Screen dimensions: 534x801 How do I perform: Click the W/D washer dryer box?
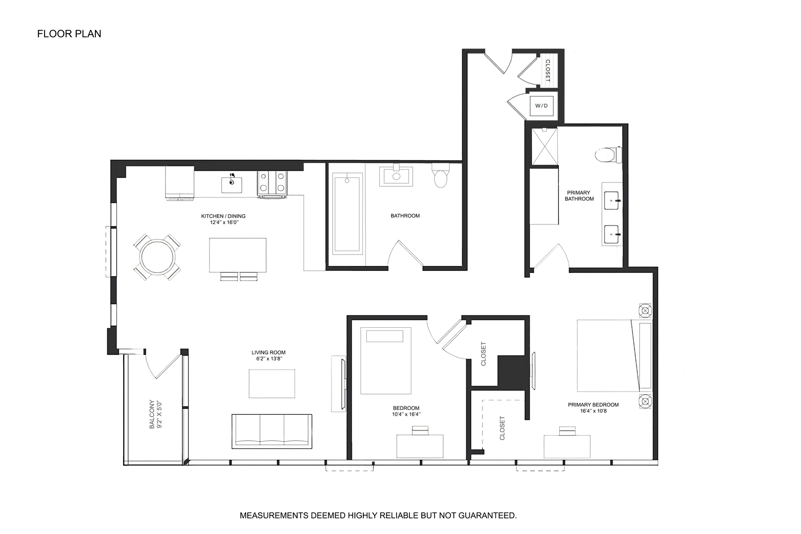pos(541,106)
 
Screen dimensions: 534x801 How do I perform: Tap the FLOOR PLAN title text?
pos(69,34)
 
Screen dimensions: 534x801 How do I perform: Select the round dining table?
pos(157,257)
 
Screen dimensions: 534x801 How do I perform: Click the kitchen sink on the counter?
pos(231,183)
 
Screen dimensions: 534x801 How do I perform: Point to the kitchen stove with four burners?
pos(272,182)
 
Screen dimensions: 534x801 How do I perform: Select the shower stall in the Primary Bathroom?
pos(544,146)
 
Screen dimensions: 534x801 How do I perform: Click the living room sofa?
pos(271,431)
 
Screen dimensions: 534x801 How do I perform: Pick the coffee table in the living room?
pos(271,384)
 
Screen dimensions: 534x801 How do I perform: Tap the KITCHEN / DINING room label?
pos(223,216)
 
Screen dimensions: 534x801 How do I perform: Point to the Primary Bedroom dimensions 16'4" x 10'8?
pos(593,411)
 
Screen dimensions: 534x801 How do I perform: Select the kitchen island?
pos(237,255)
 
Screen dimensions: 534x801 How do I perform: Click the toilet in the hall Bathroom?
pos(441,176)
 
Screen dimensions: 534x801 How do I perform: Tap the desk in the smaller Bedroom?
pos(420,445)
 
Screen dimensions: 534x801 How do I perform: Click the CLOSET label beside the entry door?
pos(547,70)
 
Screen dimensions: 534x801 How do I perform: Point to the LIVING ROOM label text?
pos(268,353)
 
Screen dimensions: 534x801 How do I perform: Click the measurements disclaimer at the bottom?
pos(378,515)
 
